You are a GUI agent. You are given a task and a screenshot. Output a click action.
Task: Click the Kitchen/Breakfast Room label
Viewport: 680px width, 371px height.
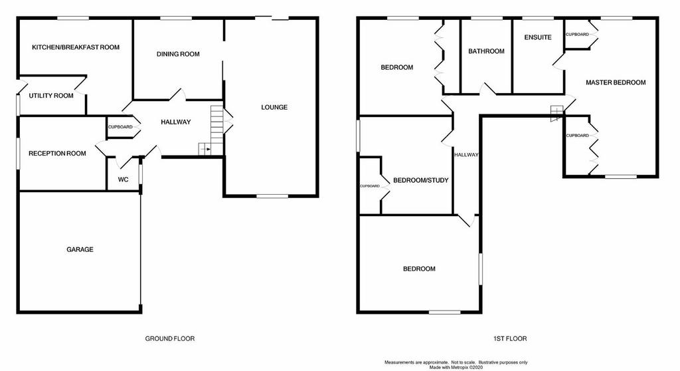click(x=76, y=47)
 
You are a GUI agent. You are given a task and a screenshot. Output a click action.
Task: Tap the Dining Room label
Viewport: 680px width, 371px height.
click(x=178, y=54)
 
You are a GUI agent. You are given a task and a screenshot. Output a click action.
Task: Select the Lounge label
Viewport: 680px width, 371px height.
click(x=274, y=107)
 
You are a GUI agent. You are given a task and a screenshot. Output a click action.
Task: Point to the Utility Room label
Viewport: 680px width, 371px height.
click(x=51, y=96)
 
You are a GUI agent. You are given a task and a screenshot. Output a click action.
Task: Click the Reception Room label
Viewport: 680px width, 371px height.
click(x=57, y=154)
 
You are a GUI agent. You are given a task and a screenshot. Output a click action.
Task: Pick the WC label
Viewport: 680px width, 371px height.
click(x=123, y=179)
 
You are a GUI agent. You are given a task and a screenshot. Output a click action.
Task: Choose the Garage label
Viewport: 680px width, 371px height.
click(x=80, y=249)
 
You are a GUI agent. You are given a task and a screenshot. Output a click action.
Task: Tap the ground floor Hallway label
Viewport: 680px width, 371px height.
click(x=175, y=122)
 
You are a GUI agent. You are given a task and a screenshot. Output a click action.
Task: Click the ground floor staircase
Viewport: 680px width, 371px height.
click(x=211, y=130)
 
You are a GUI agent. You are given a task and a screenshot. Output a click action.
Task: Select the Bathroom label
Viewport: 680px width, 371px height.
click(x=486, y=51)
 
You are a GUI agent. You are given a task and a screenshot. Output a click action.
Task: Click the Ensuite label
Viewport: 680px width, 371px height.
click(x=538, y=37)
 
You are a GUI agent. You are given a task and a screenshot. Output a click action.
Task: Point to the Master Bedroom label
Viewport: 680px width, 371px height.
click(x=616, y=82)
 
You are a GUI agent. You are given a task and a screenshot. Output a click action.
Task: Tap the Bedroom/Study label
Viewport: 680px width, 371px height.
click(x=420, y=180)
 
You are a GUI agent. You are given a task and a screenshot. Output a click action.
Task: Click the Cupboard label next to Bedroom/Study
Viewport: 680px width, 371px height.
click(x=370, y=186)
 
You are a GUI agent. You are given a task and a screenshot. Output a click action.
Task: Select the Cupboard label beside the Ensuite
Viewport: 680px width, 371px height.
click(x=578, y=35)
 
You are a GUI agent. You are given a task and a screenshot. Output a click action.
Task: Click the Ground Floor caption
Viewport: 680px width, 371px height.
click(x=169, y=338)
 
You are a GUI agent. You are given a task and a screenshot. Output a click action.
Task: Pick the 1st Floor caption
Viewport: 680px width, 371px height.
click(x=510, y=338)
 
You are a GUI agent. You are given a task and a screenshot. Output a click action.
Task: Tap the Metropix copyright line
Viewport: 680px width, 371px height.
click(x=456, y=368)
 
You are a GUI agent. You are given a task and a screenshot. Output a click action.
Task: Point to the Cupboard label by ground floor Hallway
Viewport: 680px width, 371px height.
click(x=120, y=127)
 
